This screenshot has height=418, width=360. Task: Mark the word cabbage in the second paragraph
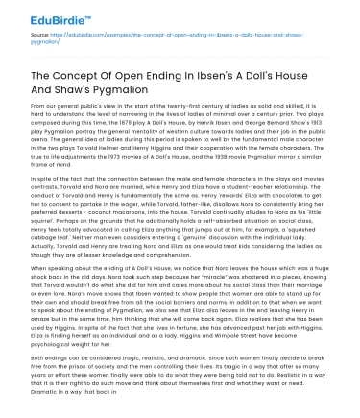(x=26, y=236)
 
